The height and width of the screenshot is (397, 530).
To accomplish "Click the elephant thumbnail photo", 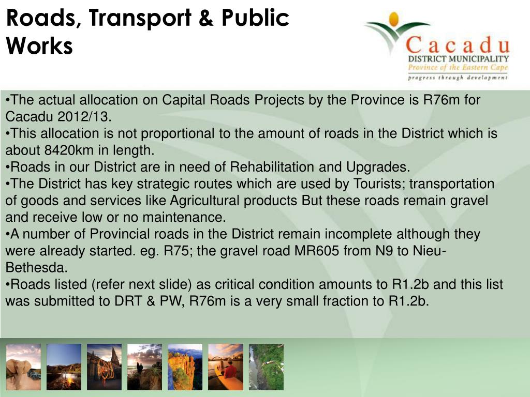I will pyautogui.click(x=23, y=367).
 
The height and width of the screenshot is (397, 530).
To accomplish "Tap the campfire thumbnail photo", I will pyautogui.click(x=64, y=367).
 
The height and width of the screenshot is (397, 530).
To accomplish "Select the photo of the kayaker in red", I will pyautogui.click(x=226, y=367).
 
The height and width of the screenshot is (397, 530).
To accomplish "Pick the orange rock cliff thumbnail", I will pyautogui.click(x=185, y=367).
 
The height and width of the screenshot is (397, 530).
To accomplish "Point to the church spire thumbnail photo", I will pyautogui.click(x=104, y=367).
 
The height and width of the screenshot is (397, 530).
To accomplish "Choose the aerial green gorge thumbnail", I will pyautogui.click(x=266, y=367).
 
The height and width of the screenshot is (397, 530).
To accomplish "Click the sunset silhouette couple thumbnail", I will pyautogui.click(x=144, y=367).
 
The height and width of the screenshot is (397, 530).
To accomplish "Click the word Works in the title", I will pyautogui.click(x=39, y=47).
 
